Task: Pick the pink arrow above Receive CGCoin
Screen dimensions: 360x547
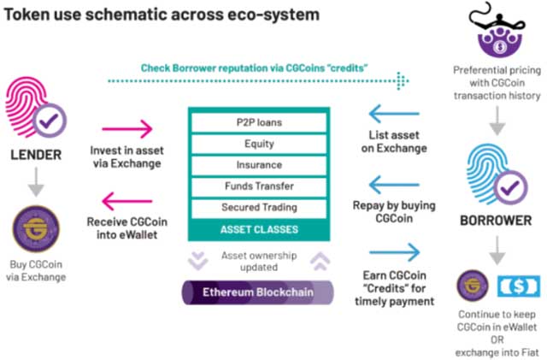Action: point(127,200)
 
